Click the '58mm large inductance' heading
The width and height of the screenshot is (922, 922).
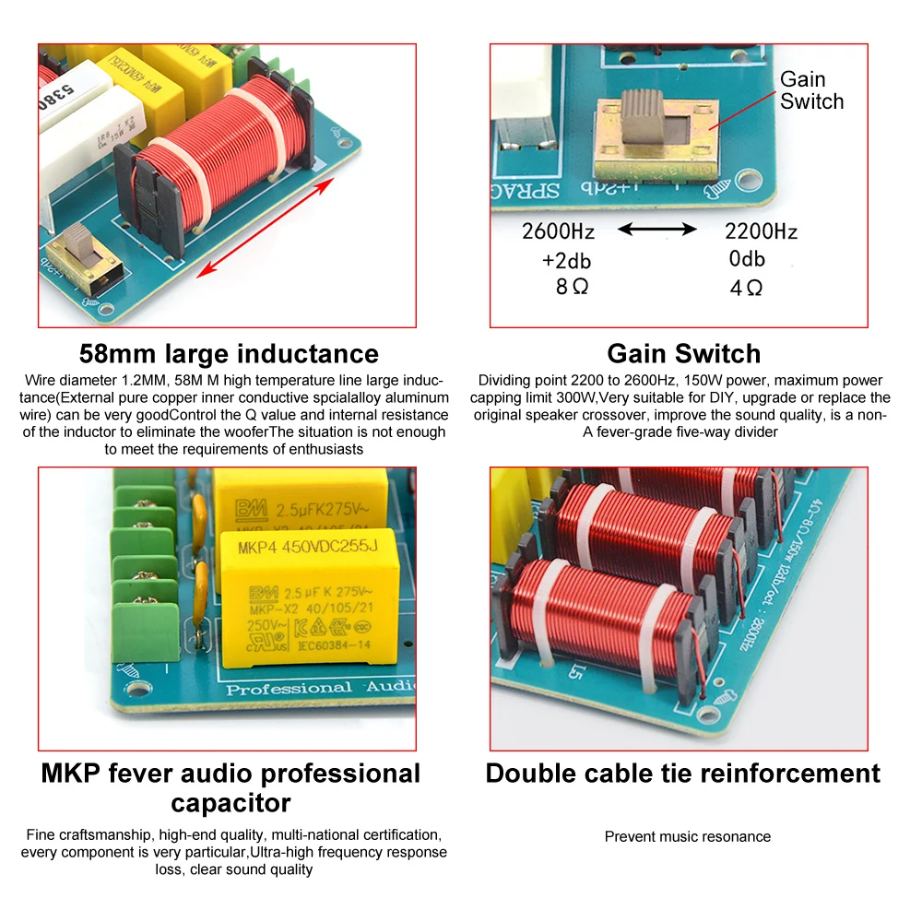(229, 354)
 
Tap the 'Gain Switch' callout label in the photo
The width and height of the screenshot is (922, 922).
(811, 90)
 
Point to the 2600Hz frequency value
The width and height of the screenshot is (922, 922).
(558, 230)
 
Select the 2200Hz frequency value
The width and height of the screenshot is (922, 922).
(761, 230)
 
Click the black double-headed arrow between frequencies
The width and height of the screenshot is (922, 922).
(657, 230)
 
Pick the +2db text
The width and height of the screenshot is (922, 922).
(565, 260)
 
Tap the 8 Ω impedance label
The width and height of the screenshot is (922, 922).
(572, 287)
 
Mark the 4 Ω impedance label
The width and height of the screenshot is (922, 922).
(746, 288)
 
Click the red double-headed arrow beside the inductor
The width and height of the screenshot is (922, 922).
(264, 227)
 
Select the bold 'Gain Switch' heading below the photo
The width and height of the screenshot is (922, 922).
(684, 354)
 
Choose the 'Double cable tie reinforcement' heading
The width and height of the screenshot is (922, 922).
(683, 773)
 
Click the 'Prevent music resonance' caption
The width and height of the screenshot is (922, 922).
(687, 836)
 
